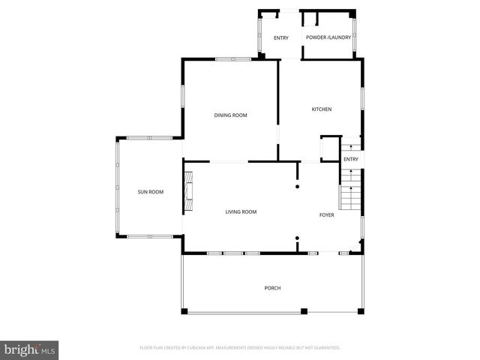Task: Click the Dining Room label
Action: click(230, 115)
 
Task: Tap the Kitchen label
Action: click(322, 109)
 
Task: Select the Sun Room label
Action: click(150, 192)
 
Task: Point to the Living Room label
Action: click(241, 211)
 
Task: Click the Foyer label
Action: click(326, 214)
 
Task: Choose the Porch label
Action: click(272, 288)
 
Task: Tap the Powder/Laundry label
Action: click(328, 37)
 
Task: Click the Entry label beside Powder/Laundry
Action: click(281, 37)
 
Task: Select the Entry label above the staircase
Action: click(351, 159)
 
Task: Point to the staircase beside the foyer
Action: click(350, 192)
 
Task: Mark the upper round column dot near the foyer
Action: click(297, 186)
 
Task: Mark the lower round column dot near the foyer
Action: click(297, 238)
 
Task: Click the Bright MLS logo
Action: click(30, 349)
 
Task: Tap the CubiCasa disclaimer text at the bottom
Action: click(240, 347)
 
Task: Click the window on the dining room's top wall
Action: click(233, 59)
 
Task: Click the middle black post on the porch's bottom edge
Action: click(303, 311)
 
